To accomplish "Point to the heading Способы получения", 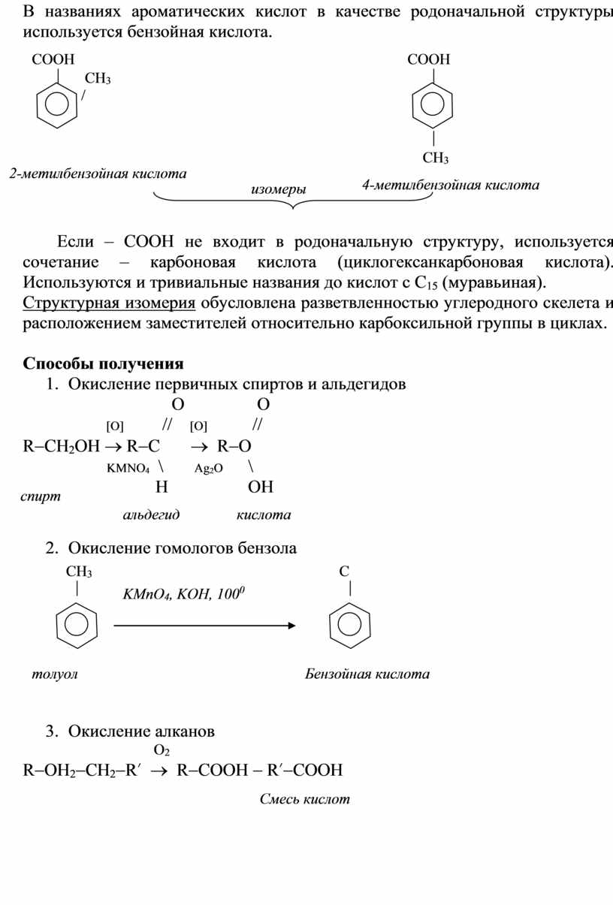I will point(103,364).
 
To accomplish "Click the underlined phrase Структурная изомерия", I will point(110,303).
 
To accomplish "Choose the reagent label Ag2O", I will point(209,468).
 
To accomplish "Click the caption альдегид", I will point(151,514).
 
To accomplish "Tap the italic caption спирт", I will point(41,496).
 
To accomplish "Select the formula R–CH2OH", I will point(61,446).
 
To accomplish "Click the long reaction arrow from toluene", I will point(204,625).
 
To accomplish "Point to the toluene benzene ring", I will point(77,625).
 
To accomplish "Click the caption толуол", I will point(55,674).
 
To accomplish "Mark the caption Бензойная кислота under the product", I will point(367,674).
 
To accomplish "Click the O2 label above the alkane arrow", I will point(162,750).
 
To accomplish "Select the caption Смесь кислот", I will point(305,799).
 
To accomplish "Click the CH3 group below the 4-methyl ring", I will point(435,158).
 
